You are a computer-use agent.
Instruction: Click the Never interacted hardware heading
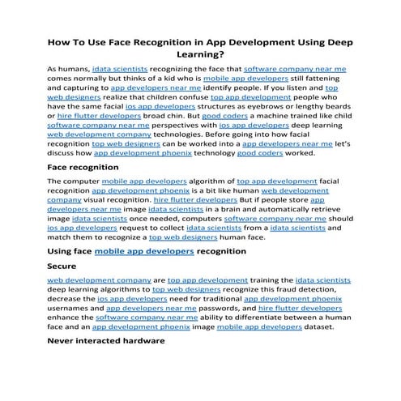[x=106, y=340]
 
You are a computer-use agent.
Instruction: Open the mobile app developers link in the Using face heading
[x=144, y=251]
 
